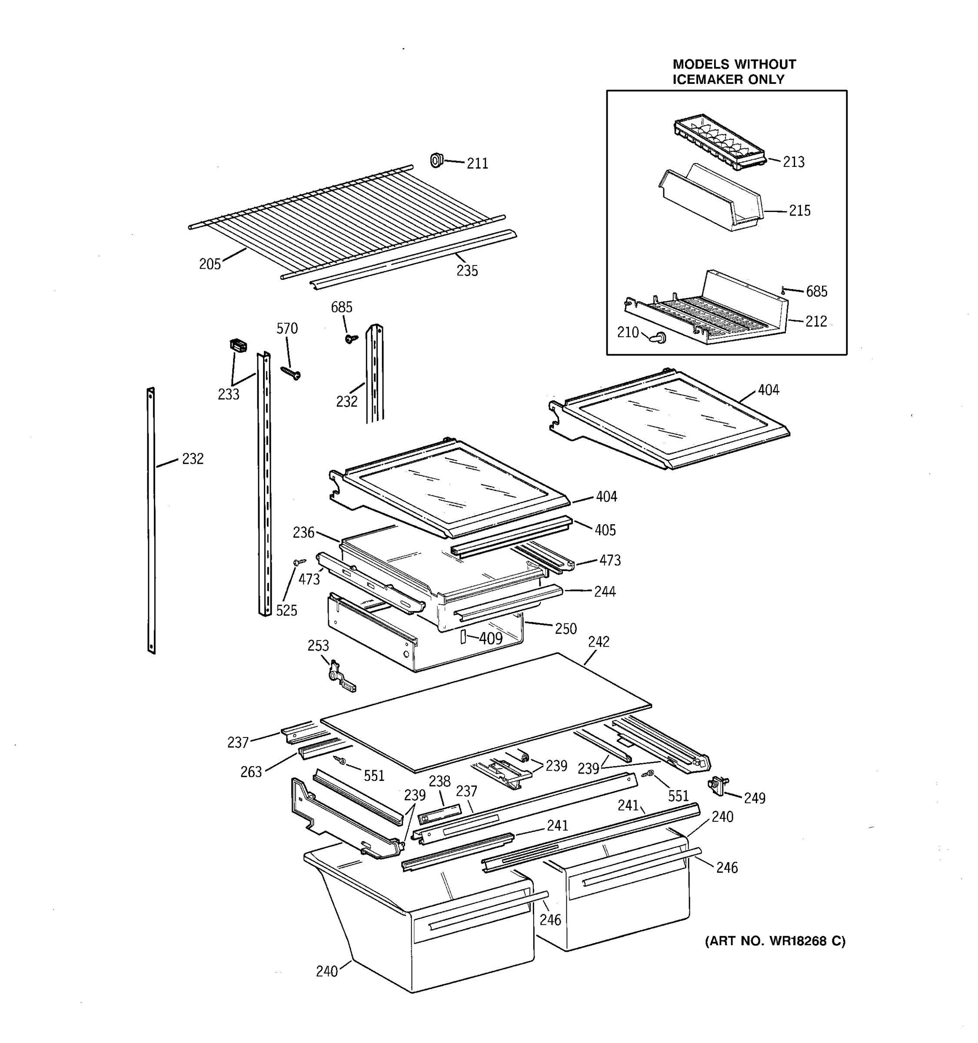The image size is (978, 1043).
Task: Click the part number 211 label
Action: [477, 164]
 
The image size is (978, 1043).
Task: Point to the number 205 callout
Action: [210, 264]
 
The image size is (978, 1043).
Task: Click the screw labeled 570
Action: [291, 372]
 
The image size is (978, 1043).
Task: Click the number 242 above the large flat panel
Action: [599, 641]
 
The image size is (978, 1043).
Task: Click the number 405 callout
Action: [605, 530]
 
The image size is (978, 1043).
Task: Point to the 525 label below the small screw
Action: [286, 610]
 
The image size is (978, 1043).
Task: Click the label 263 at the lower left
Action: [251, 772]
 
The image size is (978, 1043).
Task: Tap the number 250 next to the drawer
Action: [566, 628]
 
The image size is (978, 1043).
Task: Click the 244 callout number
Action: [605, 592]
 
